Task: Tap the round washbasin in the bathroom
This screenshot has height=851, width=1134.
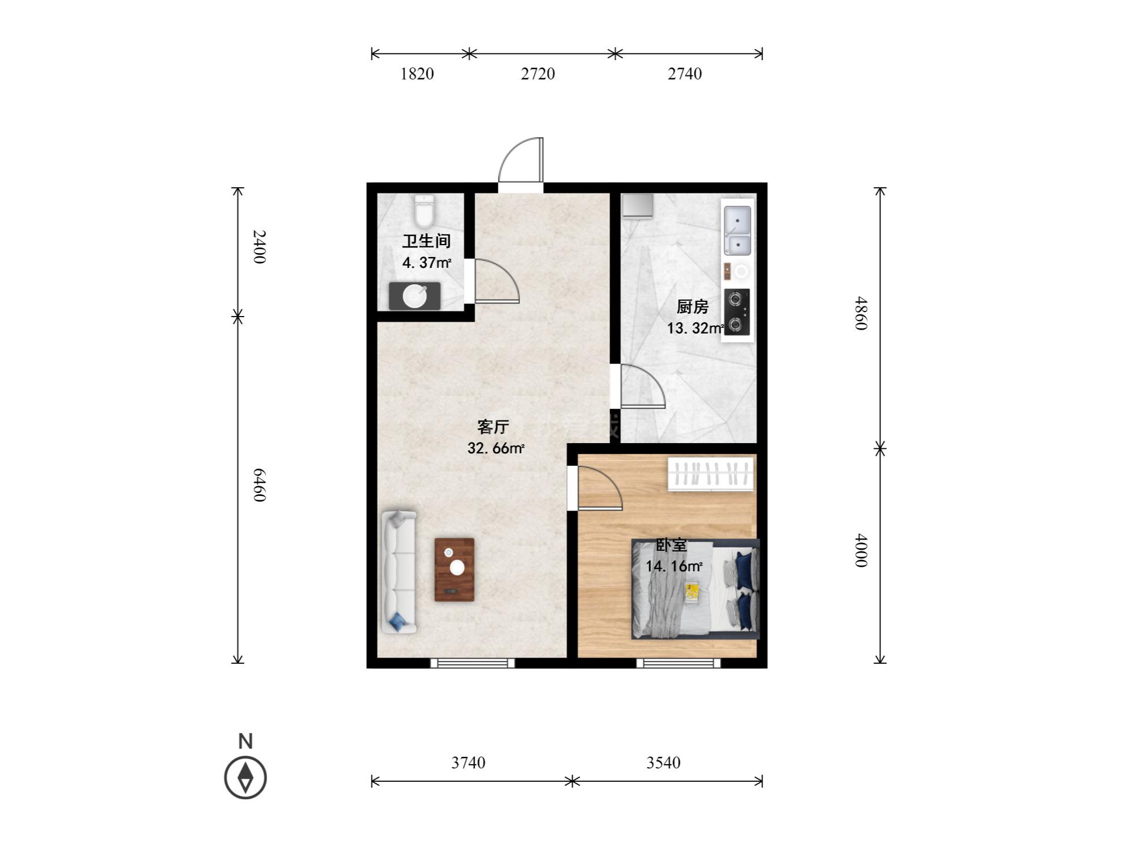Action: tap(414, 296)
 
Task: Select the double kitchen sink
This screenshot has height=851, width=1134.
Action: tap(737, 230)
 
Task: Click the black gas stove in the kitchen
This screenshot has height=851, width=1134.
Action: tap(737, 312)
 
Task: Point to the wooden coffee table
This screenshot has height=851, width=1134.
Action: tap(454, 569)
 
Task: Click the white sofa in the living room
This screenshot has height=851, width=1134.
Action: tap(399, 572)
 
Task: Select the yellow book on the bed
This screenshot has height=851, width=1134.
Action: tap(692, 592)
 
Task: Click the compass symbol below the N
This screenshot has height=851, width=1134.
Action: tap(246, 777)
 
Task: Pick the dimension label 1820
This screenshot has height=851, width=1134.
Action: tap(417, 74)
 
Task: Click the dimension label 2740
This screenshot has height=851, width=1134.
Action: tap(684, 74)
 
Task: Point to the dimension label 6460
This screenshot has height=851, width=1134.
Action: tap(259, 485)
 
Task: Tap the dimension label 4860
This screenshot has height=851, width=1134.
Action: tap(861, 313)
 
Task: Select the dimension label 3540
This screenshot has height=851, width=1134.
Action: tap(663, 762)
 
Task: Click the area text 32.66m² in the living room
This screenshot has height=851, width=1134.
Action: tap(496, 448)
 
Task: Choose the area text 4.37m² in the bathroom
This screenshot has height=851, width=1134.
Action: tap(426, 263)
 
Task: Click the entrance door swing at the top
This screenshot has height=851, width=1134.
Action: tap(521, 160)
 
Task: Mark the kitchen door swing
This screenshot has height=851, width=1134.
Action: tap(643, 386)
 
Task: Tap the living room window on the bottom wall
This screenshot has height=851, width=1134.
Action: tap(472, 663)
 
